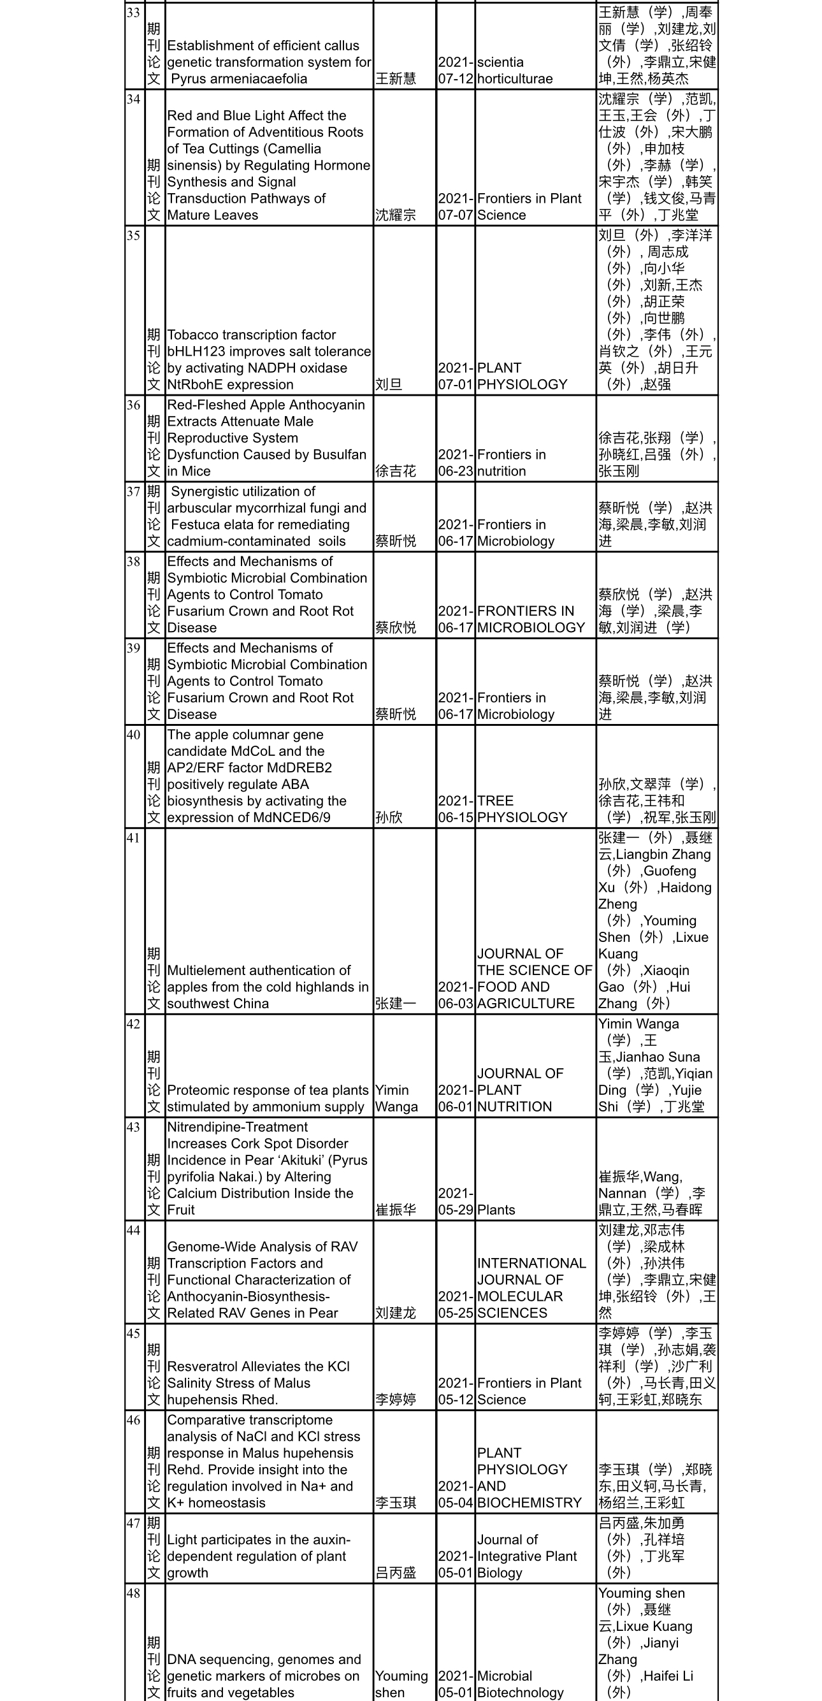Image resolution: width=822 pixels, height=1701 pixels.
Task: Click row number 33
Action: coord(134,13)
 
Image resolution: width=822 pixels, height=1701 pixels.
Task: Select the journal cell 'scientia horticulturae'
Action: coord(500,71)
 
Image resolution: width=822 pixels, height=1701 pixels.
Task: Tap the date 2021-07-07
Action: coord(456,206)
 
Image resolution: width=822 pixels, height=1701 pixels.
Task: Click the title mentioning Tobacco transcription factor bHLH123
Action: coord(269,360)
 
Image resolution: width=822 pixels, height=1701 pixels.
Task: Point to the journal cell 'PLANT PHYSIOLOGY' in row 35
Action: coord(522,377)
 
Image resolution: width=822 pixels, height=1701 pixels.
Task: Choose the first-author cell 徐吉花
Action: coord(396,471)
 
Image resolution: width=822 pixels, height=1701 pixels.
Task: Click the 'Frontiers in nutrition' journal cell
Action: coord(511,463)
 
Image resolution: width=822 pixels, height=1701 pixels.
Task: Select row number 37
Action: coord(134,491)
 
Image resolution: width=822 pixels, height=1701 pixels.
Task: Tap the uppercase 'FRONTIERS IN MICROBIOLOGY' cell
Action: coord(531,619)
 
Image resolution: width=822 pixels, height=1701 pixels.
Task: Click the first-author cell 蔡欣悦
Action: coord(396,627)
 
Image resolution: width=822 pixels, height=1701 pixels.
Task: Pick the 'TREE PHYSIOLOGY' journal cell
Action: coord(522,809)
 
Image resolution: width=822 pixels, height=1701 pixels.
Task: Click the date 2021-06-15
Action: coord(456,809)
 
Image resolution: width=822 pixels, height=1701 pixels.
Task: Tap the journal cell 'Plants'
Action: coord(496,1210)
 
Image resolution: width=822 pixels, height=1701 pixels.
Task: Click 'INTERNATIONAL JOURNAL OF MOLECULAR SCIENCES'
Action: coord(531,1287)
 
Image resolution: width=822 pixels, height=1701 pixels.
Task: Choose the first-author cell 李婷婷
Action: coord(396,1400)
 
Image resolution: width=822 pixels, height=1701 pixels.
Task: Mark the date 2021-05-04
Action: coord(456,1495)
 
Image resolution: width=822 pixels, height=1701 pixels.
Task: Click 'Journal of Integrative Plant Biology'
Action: coord(527,1556)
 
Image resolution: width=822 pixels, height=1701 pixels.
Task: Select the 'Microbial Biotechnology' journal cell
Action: coord(520,1684)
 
